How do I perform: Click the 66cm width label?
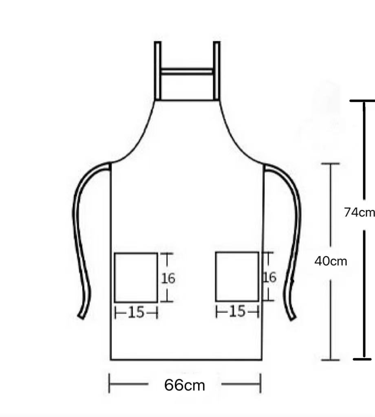coord(184,385)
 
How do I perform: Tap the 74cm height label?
coord(359,212)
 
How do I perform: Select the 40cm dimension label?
coord(331,261)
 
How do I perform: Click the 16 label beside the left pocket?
coord(168,279)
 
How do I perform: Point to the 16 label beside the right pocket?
coord(270,277)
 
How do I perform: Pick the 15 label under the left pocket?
coord(136,312)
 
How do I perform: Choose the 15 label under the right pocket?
coord(237,311)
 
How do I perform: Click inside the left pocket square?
coord(136,278)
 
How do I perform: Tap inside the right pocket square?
coord(237,277)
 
